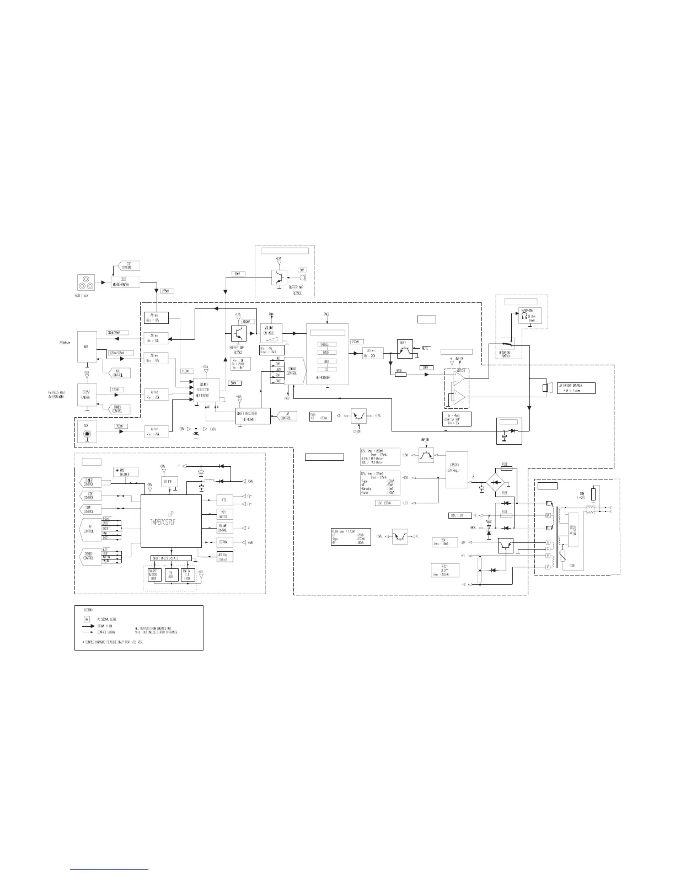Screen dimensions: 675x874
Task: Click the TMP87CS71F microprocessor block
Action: click(171, 520)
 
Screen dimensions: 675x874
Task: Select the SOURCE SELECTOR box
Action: click(205, 389)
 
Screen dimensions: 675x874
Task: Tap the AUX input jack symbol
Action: click(86, 434)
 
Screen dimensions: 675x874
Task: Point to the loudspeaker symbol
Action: click(548, 388)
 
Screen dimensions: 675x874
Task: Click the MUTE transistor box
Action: click(405, 348)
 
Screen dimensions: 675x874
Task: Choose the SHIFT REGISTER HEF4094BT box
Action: click(253, 415)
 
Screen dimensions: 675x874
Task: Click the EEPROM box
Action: click(224, 541)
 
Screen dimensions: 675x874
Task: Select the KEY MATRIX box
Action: click(224, 514)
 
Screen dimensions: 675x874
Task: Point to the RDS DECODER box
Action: click(126, 472)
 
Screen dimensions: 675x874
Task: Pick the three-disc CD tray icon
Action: click(86, 285)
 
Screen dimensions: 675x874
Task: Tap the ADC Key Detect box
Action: click(224, 556)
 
